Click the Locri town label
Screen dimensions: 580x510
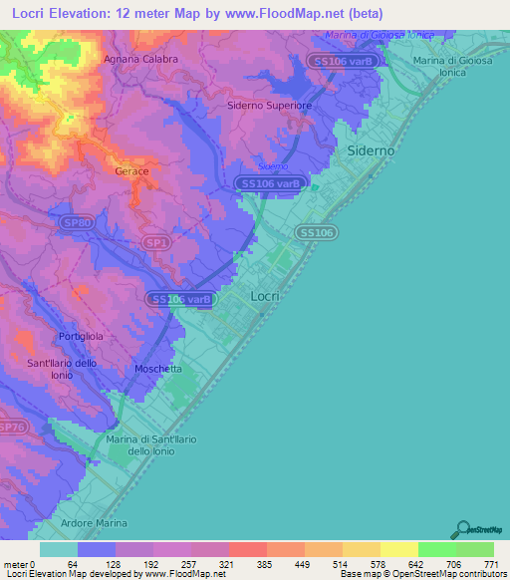pos(265,296)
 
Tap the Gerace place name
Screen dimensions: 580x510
pos(131,171)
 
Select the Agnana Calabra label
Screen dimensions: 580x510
pos(140,59)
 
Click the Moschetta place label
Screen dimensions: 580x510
pos(157,369)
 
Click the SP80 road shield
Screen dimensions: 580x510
pos(77,223)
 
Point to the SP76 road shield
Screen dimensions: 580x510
pos(11,427)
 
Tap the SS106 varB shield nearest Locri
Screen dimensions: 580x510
pos(181,298)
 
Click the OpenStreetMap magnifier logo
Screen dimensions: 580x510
pos(461,529)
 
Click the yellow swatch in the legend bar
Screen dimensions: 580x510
pos(398,549)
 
